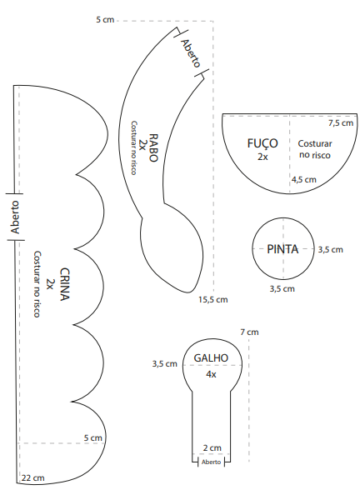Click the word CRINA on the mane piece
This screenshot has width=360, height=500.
(65, 284)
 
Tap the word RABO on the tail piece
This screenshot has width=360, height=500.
(153, 147)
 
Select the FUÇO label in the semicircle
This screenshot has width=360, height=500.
(262, 143)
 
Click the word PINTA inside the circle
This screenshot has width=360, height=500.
(282, 249)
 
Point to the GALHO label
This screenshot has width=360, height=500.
(211, 357)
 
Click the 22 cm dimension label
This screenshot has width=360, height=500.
(33, 478)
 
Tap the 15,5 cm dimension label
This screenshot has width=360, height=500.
(213, 300)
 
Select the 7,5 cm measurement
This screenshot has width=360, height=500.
(341, 123)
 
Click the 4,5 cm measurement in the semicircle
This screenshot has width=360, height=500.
(304, 179)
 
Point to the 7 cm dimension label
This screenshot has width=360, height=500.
(249, 332)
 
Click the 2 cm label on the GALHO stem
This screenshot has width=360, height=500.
(212, 447)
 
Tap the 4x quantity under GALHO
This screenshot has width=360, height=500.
(211, 374)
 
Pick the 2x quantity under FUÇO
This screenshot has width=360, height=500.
(262, 157)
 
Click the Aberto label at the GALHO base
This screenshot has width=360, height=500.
(211, 462)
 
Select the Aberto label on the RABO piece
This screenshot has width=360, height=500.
(191, 53)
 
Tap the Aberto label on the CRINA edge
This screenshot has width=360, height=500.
(15, 217)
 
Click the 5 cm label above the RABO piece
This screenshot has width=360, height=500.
(105, 20)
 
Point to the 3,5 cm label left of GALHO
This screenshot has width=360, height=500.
(164, 363)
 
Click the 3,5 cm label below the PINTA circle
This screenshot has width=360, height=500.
(282, 289)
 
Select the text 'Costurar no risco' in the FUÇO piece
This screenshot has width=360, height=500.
(315, 149)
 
